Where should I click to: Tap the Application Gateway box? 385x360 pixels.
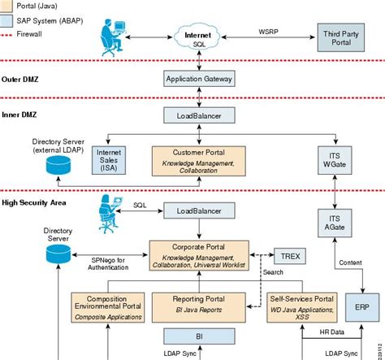pos(199,80)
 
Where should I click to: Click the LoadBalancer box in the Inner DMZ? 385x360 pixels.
pos(199,116)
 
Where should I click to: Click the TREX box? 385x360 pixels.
pos(290,256)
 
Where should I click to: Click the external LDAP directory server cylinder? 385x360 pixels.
pos(58,168)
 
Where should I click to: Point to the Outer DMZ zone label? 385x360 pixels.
pos(23,79)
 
